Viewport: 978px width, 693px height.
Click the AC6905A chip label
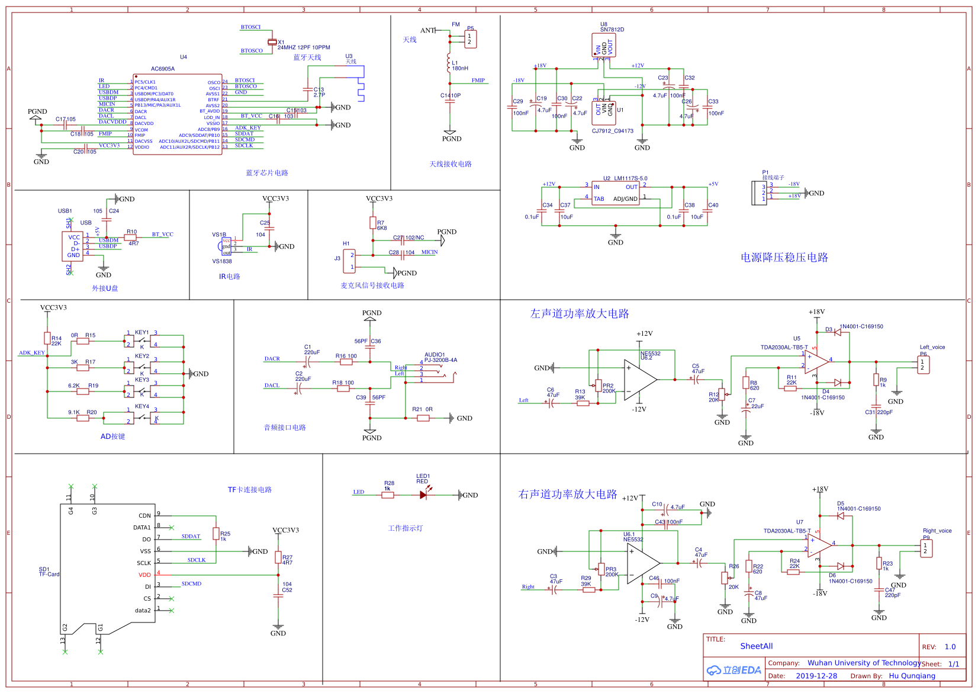(163, 69)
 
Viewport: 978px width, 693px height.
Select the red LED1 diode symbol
(423, 495)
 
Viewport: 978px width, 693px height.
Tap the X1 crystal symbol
(272, 41)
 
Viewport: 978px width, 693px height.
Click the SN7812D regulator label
(612, 30)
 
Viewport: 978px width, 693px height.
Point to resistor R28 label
(389, 483)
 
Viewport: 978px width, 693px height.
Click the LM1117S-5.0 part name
(630, 178)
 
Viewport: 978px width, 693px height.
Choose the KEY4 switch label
(142, 406)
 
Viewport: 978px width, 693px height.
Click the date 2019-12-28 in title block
(816, 676)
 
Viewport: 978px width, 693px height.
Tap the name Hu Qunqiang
(912, 676)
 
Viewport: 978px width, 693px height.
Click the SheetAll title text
(756, 646)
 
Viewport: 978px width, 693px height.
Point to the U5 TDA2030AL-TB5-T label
(784, 348)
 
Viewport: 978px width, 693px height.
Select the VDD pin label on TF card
(144, 575)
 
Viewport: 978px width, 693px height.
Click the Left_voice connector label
(932, 347)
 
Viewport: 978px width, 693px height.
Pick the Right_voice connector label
(937, 531)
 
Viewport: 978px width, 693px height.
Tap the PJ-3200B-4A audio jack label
(440, 360)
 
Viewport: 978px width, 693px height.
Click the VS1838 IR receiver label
(222, 261)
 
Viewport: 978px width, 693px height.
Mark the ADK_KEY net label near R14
(32, 353)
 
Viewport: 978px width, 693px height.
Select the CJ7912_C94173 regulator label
(613, 131)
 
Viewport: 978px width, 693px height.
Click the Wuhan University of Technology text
(864, 663)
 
